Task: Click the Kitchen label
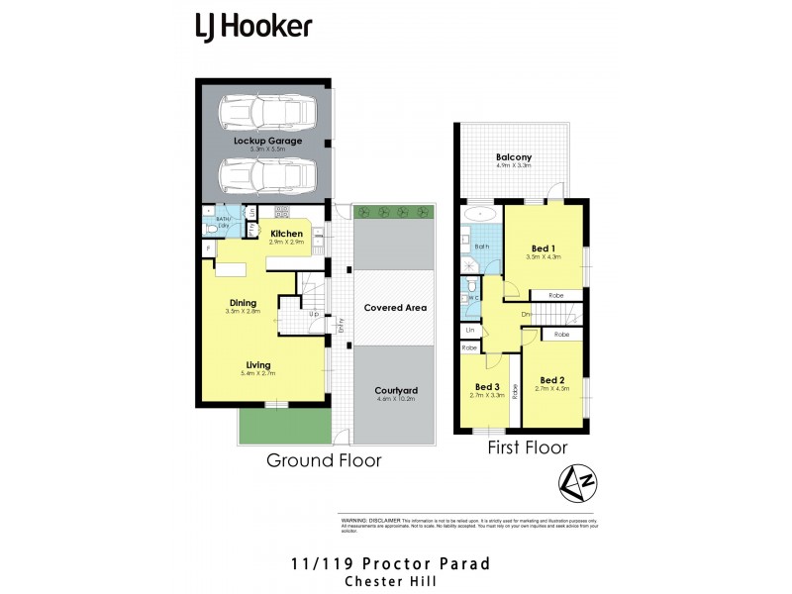[x=286, y=234]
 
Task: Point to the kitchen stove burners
[x=281, y=211]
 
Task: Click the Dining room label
[x=244, y=303]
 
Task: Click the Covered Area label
[x=395, y=308]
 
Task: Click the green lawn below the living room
[x=283, y=425]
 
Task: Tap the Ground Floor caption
[x=324, y=460]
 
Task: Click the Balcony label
[x=514, y=156]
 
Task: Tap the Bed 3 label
[x=486, y=386]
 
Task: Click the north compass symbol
[x=572, y=482]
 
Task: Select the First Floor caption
[x=528, y=448]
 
